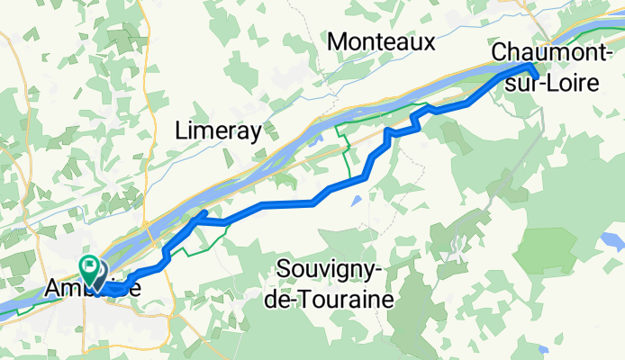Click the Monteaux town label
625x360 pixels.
pyautogui.click(x=382, y=41)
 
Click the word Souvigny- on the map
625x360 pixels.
pyautogui.click(x=333, y=270)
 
